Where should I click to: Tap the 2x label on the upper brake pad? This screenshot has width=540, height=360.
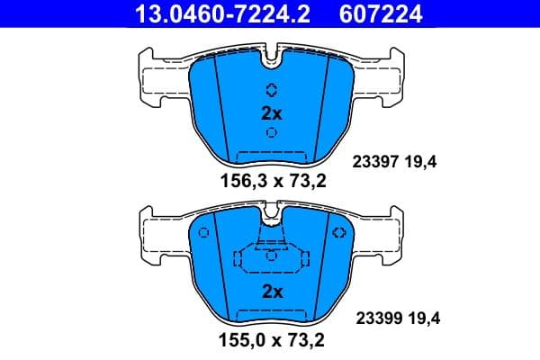tap(272, 113)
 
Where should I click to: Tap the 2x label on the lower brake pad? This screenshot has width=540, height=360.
tap(272, 292)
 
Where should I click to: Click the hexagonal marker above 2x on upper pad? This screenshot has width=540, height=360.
tap(272, 90)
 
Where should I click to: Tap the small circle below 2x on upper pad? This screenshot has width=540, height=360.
tap(272, 132)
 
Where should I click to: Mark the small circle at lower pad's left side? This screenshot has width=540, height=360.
tap(203, 234)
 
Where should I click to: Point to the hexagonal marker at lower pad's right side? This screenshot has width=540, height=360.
tap(339, 233)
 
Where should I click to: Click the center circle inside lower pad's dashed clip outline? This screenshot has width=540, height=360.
tap(271, 255)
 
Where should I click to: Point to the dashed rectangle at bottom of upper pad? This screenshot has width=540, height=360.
tap(272, 157)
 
